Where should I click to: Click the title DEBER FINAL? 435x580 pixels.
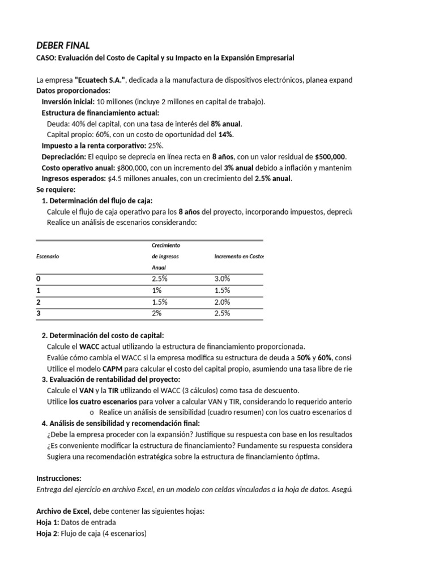pos(63,45)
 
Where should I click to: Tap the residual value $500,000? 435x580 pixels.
pos(329,156)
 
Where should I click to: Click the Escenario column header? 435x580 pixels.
pos(48,256)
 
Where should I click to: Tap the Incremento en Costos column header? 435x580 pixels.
pos(239,256)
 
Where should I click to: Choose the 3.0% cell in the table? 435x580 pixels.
pos(223,279)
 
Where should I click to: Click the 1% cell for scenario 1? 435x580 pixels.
pos(157,291)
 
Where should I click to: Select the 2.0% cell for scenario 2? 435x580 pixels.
pos(223,302)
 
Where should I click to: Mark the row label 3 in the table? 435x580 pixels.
pos(39,313)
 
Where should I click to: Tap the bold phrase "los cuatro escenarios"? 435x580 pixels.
pos(99,402)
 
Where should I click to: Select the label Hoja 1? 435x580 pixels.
pos(47,522)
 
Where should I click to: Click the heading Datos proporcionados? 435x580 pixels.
pos(74,91)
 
